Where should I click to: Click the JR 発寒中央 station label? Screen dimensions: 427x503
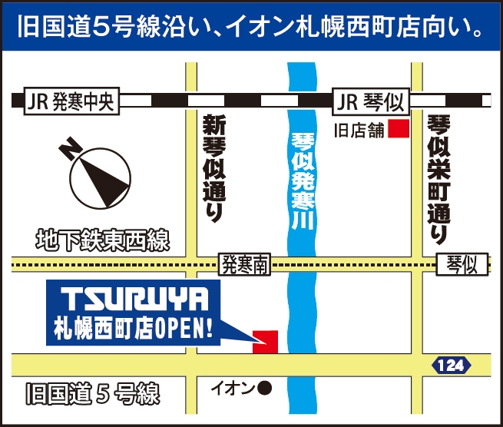coord(69,102)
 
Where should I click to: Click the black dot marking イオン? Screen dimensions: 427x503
coord(264,389)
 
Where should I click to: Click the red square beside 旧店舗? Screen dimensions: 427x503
coord(397,129)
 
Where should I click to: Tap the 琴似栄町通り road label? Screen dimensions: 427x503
coord(438,176)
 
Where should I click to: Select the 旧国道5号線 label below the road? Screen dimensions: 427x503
coord(92,396)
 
